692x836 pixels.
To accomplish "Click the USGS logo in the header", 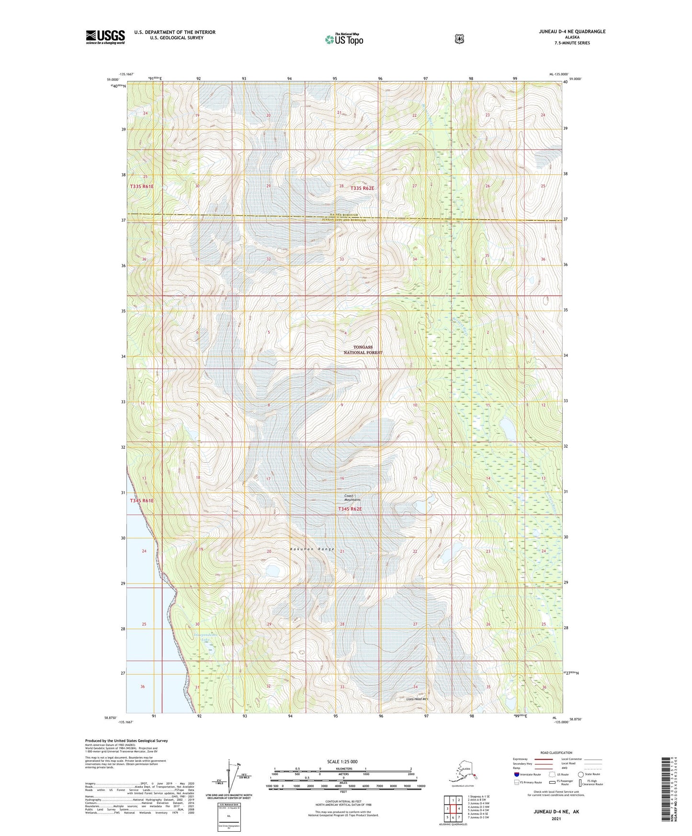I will click(105, 37).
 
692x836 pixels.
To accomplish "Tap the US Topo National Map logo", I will click(344, 39).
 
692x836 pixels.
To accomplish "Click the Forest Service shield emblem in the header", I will click(459, 39).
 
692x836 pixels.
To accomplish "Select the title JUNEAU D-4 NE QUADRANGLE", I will click(571, 32).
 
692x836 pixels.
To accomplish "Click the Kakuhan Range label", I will click(312, 549).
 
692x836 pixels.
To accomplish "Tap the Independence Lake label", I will click(205, 637).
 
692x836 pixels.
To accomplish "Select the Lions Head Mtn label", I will click(416, 699).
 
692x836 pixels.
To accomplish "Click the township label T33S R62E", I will click(362, 188).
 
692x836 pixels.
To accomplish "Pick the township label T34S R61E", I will click(142, 500).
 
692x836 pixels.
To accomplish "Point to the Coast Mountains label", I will click(352, 497).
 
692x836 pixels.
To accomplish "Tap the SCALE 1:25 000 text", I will click(342, 761).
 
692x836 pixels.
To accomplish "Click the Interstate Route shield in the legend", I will click(516, 774).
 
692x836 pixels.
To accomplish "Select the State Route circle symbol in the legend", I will click(581, 774).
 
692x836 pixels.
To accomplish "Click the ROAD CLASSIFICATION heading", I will click(556, 753).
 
